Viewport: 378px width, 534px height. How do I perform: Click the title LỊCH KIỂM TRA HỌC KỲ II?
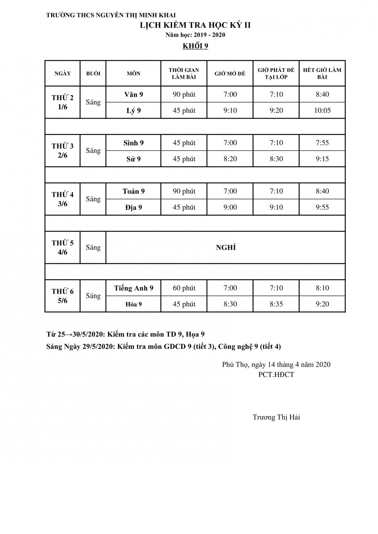click(195, 25)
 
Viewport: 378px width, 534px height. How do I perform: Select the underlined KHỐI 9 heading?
click(195, 46)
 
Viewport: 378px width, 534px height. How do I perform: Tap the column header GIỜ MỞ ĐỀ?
click(230, 74)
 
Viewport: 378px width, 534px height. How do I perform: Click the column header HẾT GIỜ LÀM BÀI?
click(322, 73)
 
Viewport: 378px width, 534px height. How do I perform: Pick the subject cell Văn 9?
click(134, 94)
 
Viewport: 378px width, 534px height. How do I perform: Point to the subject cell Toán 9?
click(134, 191)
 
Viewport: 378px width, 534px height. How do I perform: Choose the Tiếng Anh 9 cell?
click(134, 288)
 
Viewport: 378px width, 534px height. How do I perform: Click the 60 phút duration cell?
click(184, 288)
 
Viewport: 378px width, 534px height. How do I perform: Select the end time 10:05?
click(322, 110)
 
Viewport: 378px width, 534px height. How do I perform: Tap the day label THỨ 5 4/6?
click(63, 247)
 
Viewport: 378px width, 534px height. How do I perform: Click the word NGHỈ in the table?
click(226, 247)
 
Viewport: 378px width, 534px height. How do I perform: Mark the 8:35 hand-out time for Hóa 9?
click(276, 304)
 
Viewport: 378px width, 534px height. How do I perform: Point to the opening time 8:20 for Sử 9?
click(230, 159)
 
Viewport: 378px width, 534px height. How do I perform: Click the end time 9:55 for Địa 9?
click(322, 207)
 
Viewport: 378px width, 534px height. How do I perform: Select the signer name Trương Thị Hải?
click(276, 417)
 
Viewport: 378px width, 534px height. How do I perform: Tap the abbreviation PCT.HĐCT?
click(276, 375)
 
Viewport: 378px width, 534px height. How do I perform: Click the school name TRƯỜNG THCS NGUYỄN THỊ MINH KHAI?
click(111, 15)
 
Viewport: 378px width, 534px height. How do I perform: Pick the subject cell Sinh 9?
click(134, 143)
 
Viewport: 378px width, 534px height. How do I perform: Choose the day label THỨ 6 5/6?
click(63, 296)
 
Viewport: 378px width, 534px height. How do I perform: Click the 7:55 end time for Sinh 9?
click(322, 143)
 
